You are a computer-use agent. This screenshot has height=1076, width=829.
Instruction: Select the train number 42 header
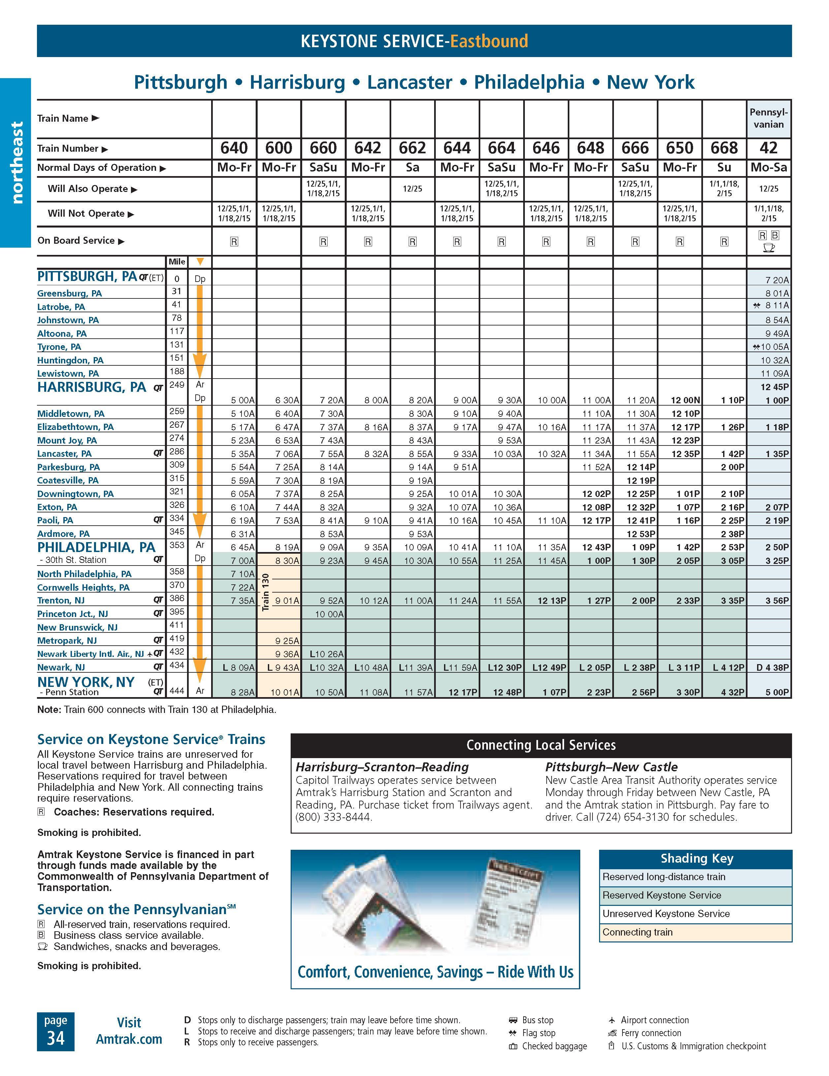(x=768, y=148)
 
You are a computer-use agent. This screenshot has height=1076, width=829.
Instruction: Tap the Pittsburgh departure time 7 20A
(x=777, y=280)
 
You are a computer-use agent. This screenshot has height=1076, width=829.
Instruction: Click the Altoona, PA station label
(x=62, y=333)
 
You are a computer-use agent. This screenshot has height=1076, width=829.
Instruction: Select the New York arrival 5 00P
(x=777, y=692)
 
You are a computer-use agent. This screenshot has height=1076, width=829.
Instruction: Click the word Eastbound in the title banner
(x=489, y=41)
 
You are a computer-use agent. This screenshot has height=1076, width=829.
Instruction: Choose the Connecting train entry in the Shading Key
(x=637, y=932)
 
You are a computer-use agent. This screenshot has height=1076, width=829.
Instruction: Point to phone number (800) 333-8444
(x=334, y=817)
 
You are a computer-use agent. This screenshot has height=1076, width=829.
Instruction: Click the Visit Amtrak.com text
(x=129, y=1031)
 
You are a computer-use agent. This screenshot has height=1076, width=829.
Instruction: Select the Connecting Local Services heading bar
(x=541, y=745)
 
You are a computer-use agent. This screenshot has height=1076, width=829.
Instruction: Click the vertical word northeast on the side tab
(x=17, y=163)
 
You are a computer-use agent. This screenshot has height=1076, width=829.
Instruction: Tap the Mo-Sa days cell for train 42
(x=768, y=168)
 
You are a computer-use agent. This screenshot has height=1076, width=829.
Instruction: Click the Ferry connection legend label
(x=651, y=1033)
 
